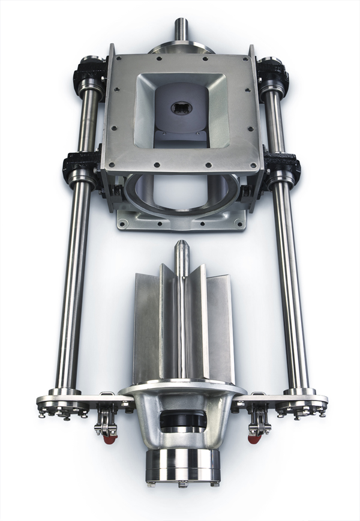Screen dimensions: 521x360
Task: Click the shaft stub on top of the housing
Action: coord(181,29)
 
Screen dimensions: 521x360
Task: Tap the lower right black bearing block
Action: coord(282,169)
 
